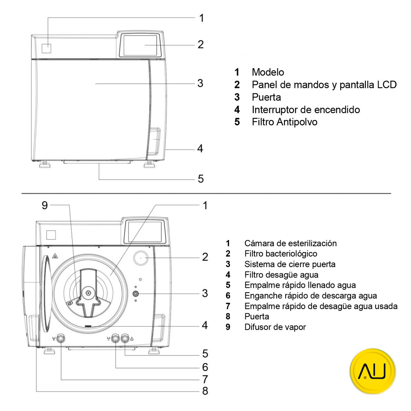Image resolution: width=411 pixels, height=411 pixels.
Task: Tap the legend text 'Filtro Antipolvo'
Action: (284, 122)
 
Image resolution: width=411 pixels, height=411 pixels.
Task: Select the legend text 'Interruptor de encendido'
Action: (306, 110)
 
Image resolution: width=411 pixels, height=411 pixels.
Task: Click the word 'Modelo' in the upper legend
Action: (268, 72)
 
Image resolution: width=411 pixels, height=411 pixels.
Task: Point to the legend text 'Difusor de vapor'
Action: (275, 327)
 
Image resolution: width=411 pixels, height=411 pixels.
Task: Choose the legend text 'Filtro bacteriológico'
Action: (281, 254)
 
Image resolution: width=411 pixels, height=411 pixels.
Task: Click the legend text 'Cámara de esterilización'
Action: (290, 243)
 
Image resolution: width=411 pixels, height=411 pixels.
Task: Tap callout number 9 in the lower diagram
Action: (45, 205)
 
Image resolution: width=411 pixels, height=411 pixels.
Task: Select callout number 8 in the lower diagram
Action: (205, 391)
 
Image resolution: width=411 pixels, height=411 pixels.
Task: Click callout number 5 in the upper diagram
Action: (200, 179)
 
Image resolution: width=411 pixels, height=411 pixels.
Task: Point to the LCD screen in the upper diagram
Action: (140, 45)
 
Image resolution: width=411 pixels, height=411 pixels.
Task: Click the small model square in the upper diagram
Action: (46, 48)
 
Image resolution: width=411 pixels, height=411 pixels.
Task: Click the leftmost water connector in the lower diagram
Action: (61, 338)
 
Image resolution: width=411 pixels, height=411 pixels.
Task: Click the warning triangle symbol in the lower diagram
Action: (55, 256)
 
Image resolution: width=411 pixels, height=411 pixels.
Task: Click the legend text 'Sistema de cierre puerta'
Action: (290, 264)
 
